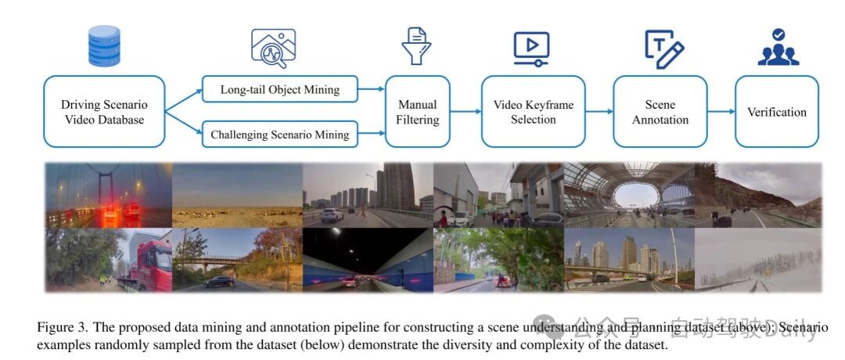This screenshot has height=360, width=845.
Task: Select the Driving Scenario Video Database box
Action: (x=104, y=112)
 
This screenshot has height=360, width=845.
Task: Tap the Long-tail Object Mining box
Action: (x=279, y=89)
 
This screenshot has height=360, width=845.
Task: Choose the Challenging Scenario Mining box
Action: (x=279, y=135)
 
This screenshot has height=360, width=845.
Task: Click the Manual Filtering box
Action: (x=418, y=112)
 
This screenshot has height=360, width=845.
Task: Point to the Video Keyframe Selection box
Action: (x=533, y=112)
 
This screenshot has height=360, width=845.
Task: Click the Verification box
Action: (x=776, y=112)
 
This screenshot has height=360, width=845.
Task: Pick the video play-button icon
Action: (x=531, y=45)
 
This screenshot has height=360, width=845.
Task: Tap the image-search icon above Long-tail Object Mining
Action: (x=273, y=47)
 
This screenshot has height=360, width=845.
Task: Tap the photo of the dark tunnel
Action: (x=367, y=261)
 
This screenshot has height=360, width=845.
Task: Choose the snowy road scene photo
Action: (x=757, y=261)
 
